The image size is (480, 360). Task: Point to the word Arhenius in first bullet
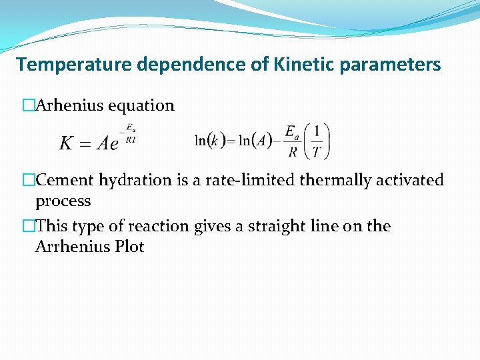[65, 105]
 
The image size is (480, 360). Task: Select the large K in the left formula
[67, 143]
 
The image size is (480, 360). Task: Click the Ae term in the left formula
[107, 143]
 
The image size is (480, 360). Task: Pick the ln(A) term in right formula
[255, 141]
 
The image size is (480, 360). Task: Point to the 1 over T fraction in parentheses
[316, 141]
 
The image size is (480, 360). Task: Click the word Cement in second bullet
[65, 180]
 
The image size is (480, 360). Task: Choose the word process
[63, 201]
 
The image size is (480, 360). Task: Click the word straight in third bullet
[275, 226]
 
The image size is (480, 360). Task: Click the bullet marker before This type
[28, 227]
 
